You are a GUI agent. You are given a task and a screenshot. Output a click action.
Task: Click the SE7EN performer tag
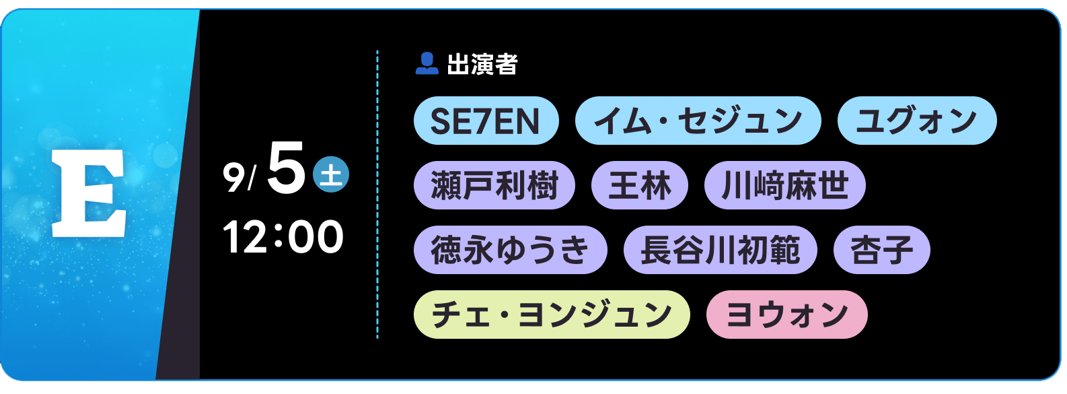[x=486, y=121]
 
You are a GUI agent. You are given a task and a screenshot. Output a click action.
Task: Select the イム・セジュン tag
[x=698, y=121]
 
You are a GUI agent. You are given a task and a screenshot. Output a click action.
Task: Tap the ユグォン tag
[x=917, y=121]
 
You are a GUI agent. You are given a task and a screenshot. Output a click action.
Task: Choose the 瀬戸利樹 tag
[x=494, y=185]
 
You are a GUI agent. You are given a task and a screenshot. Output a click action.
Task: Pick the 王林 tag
[x=640, y=185]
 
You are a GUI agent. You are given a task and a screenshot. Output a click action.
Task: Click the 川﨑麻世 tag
[x=785, y=185]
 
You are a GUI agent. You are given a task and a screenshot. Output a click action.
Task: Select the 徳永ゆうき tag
[x=510, y=250]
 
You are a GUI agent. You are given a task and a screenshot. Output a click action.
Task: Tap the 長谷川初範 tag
[x=721, y=250]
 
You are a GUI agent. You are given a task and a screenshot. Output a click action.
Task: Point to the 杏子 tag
[x=882, y=250]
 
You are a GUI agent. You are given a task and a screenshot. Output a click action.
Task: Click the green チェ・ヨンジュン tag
[x=552, y=315]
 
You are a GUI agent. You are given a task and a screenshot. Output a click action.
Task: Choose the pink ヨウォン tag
[x=787, y=315]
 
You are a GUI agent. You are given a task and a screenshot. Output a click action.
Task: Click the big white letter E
[x=89, y=193]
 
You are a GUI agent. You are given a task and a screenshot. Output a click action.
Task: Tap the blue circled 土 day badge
[x=331, y=174]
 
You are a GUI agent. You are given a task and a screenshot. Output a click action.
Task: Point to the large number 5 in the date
[x=286, y=168]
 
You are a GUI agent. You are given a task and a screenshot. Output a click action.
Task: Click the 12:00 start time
[x=283, y=236]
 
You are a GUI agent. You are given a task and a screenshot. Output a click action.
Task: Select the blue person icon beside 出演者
[x=427, y=63]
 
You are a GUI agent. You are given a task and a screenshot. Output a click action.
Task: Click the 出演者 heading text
[x=482, y=64]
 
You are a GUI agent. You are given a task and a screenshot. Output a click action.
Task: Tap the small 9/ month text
[x=240, y=177]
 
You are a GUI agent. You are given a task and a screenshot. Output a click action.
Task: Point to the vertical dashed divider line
[x=377, y=194]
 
